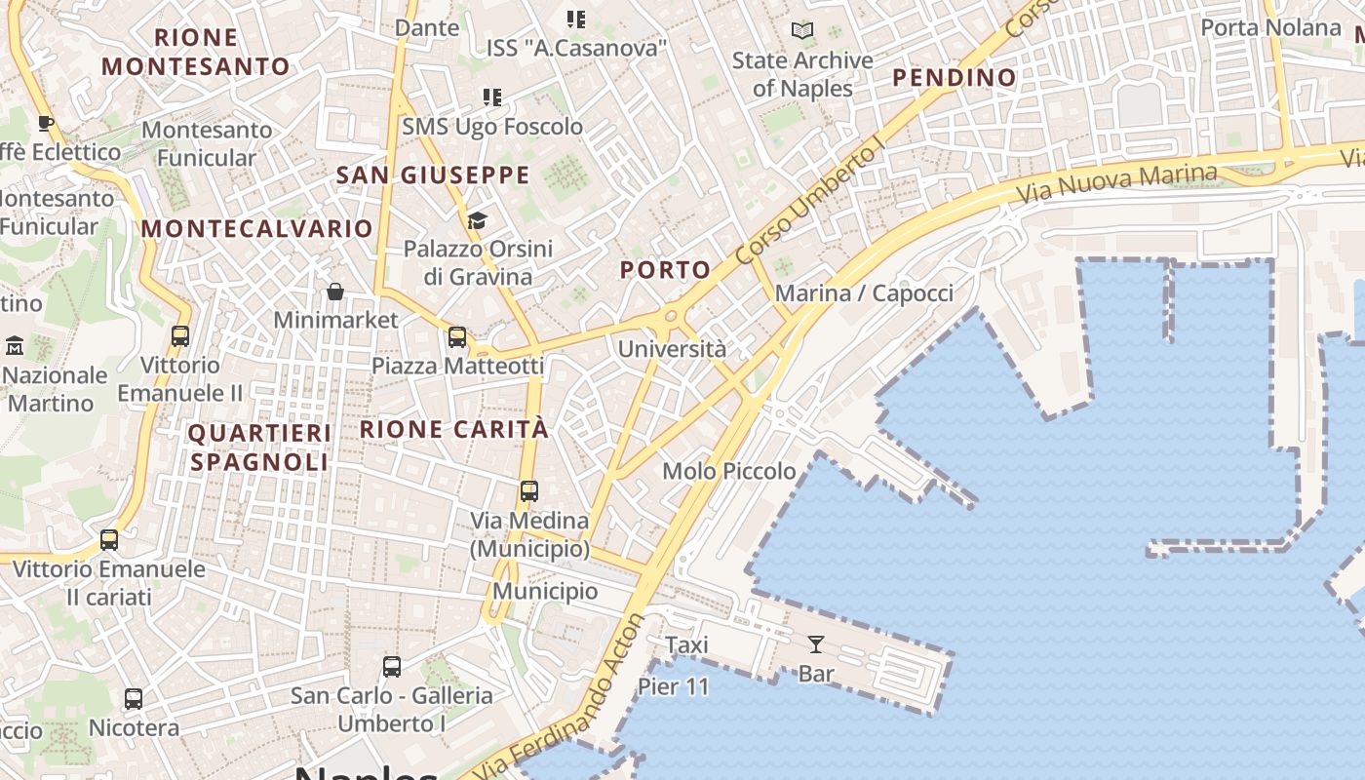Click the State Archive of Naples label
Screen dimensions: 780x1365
[802, 74]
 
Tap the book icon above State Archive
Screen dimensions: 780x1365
[802, 31]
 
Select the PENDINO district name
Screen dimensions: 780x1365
[955, 77]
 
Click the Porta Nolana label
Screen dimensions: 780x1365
[1270, 27]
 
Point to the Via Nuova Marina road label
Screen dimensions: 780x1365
[1116, 182]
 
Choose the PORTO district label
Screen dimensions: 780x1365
[666, 270]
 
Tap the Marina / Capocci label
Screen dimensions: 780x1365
[864, 293]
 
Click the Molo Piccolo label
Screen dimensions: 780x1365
[729, 471]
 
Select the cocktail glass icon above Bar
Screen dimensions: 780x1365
[815, 643]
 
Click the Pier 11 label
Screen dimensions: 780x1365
[674, 686]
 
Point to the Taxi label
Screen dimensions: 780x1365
[686, 644]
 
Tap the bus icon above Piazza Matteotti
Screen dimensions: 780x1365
[457, 337]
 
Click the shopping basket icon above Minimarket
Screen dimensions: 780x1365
[335, 292]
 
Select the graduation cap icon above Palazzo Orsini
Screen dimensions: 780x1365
[477, 220]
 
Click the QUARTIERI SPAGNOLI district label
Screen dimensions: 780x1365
[259, 447]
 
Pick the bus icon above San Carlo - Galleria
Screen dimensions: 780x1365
[392, 667]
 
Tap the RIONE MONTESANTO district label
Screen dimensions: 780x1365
[196, 52]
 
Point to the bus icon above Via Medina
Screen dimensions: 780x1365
[529, 491]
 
